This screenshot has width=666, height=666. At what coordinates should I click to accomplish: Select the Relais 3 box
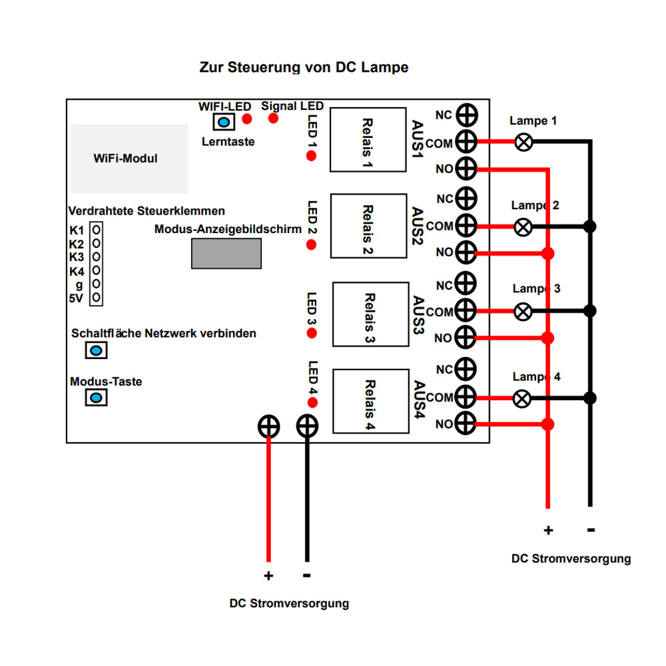370,314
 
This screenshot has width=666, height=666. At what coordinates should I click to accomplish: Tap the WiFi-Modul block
129,159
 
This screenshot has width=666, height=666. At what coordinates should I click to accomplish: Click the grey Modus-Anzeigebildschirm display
226,253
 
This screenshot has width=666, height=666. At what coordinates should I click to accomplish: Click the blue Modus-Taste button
96,398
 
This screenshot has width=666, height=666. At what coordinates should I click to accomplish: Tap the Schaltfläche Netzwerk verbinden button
96,350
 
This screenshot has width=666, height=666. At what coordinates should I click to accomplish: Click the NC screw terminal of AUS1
467,114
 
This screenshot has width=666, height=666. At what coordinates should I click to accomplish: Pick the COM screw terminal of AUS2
467,226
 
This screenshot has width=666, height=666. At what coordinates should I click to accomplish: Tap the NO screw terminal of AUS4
467,424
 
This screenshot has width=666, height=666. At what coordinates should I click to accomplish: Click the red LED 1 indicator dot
311,156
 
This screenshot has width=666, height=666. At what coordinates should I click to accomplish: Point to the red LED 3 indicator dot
311,333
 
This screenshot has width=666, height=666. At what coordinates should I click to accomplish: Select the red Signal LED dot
273,119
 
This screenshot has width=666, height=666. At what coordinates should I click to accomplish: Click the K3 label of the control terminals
77,257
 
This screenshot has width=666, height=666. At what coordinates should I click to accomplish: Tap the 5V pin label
77,298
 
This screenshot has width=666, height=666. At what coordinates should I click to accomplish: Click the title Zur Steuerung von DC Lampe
304,67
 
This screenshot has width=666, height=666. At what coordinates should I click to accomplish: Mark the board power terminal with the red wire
268,426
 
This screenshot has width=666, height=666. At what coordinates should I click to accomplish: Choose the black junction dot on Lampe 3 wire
589,310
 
